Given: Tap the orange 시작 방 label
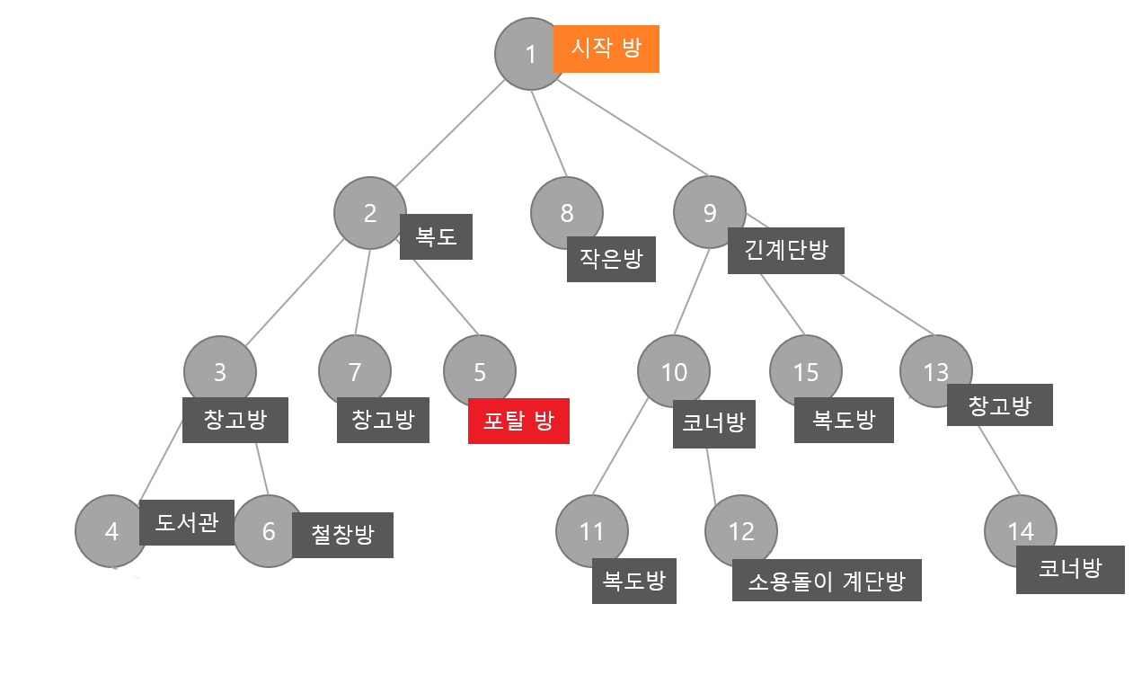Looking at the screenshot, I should (x=606, y=49).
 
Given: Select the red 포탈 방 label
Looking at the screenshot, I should (x=518, y=421).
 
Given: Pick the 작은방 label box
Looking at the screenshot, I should (x=611, y=259).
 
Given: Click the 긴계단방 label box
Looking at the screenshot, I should (x=786, y=251).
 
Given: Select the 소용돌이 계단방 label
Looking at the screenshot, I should (x=827, y=581).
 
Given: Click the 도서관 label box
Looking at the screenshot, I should (x=187, y=522).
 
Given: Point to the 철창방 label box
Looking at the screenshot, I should (x=342, y=535).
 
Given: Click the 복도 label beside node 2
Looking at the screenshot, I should (x=436, y=236).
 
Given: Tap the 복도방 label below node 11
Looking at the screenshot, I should (x=633, y=581).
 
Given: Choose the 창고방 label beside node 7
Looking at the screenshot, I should (x=383, y=420).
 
